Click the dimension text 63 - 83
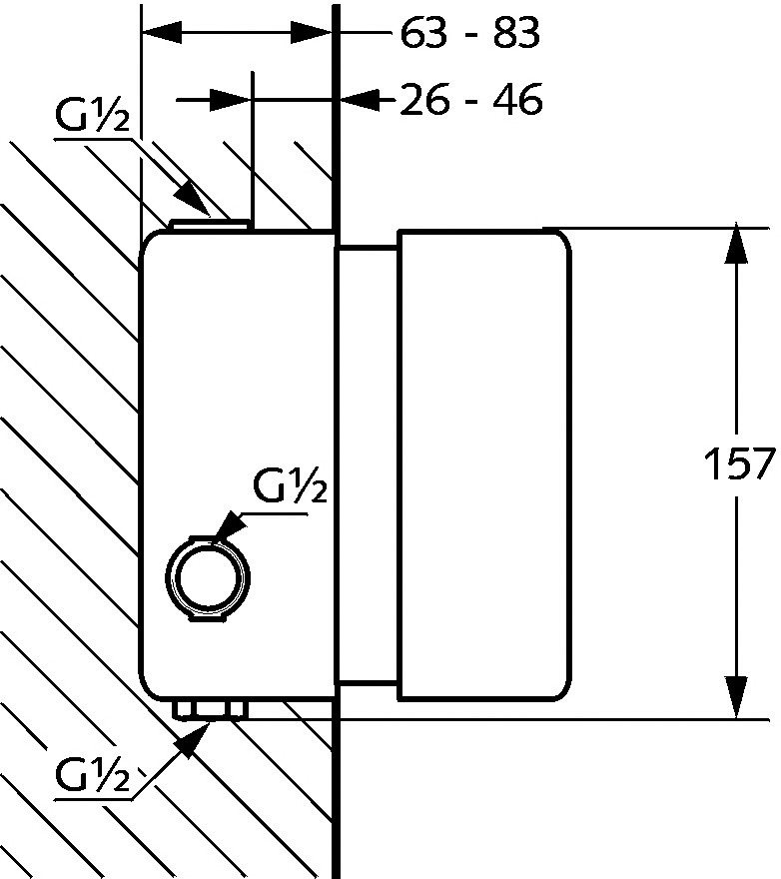click(469, 33)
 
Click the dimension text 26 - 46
click(471, 100)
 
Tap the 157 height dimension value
click(739, 463)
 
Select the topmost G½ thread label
click(93, 117)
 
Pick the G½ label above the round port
click(290, 486)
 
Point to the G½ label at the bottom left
click(93, 775)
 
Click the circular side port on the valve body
click(208, 578)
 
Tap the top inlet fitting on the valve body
click(211, 225)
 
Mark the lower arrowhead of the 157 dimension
click(736, 697)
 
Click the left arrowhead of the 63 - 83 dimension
click(162, 33)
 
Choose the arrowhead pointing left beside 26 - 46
click(360, 100)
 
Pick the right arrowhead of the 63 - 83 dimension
click(312, 33)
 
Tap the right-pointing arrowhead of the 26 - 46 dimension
click(231, 100)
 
